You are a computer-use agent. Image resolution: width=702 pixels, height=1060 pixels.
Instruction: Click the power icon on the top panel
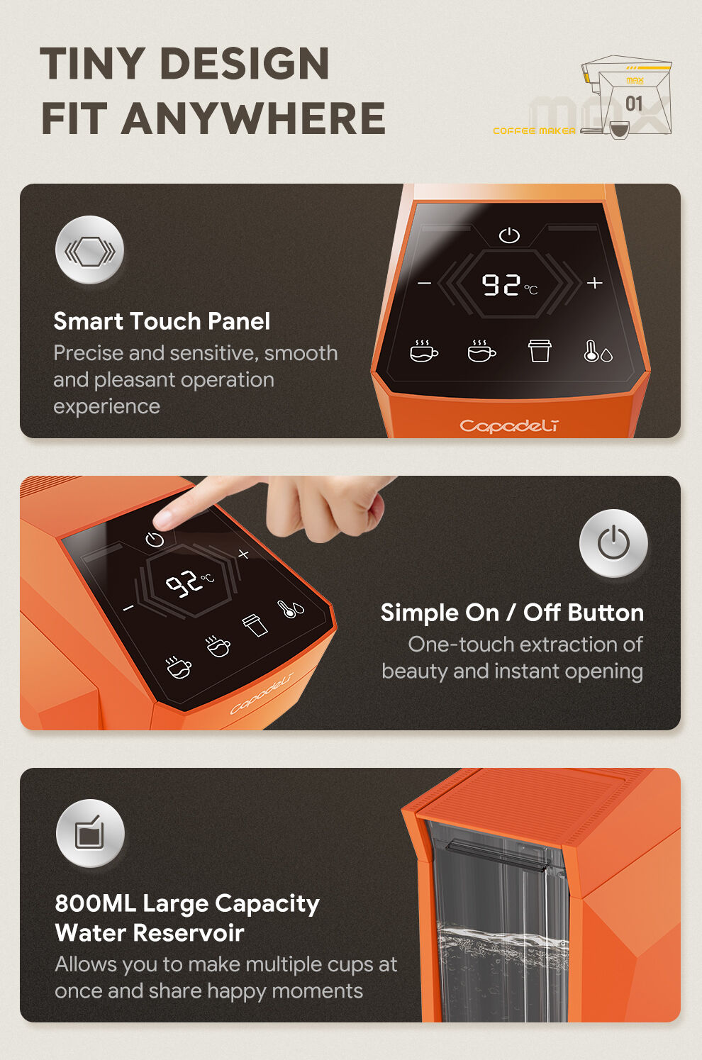pyautogui.click(x=509, y=235)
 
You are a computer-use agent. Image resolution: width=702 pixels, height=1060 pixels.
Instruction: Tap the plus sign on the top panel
pyautogui.click(x=594, y=282)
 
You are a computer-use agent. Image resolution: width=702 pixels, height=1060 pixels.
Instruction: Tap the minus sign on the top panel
pyautogui.click(x=424, y=283)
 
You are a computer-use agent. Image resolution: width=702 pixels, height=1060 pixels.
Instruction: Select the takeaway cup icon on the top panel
pyautogui.click(x=540, y=351)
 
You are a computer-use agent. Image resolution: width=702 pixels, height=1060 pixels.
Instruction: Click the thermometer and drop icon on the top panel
pyautogui.click(x=598, y=351)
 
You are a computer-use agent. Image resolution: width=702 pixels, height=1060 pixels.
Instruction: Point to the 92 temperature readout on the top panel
pyautogui.click(x=501, y=285)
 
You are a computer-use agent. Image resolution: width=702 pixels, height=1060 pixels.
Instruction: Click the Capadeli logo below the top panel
pyautogui.click(x=509, y=426)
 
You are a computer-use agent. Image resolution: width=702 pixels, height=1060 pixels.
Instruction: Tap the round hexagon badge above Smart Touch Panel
pyautogui.click(x=89, y=250)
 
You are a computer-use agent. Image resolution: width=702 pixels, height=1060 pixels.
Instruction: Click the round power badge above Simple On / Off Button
pyautogui.click(x=613, y=543)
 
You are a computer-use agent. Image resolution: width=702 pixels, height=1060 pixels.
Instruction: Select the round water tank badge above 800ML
pyautogui.click(x=90, y=833)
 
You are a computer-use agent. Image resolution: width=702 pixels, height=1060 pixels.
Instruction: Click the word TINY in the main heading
pyautogui.click(x=92, y=63)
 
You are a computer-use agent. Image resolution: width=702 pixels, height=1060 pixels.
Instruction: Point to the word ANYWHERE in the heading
pyautogui.click(x=253, y=118)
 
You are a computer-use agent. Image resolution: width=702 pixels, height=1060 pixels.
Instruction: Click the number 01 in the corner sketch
pyautogui.click(x=634, y=104)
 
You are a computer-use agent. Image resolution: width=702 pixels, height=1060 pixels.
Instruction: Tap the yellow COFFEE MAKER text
pyautogui.click(x=535, y=130)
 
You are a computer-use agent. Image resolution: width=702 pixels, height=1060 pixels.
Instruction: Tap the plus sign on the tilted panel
pyautogui.click(x=243, y=554)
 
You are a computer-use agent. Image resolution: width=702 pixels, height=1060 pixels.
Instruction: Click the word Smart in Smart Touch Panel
pyautogui.click(x=89, y=321)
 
